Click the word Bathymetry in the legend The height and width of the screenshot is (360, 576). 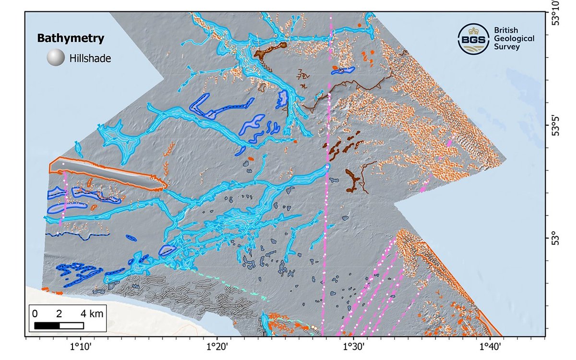71,38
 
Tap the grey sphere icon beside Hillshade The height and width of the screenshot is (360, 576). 56,59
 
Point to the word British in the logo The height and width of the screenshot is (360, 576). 506,30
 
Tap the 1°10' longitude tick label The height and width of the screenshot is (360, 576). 81,347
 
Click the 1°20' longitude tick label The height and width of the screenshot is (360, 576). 216,347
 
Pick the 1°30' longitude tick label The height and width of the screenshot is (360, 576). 352,347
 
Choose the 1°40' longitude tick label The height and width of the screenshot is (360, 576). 488,347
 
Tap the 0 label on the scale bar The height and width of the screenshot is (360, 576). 35,314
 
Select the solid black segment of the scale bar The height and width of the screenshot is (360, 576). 47,325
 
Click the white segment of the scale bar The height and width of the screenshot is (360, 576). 72,325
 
